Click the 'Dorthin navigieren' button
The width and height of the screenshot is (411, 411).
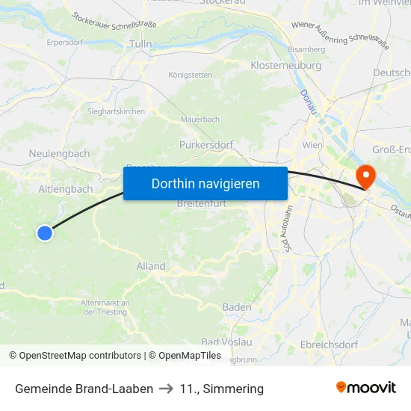tap(205, 183)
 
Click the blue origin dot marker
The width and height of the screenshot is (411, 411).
tap(45, 233)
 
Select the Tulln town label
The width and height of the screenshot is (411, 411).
tap(141, 44)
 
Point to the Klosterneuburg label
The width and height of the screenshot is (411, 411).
tap(286, 65)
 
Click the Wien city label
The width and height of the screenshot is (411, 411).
tap(312, 145)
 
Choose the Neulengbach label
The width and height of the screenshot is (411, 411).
tap(59, 154)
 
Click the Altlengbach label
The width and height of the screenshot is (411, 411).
tap(65, 189)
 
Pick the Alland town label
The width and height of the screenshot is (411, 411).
tap(151, 266)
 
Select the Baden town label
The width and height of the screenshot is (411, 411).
tap(237, 307)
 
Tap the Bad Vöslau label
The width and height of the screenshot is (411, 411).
tap(226, 342)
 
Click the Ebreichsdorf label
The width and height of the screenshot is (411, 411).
tap(329, 344)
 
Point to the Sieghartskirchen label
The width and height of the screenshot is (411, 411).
tap(117, 111)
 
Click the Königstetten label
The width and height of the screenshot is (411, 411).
tap(190, 75)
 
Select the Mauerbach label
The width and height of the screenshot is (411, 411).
tap(200, 119)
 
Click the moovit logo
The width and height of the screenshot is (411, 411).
tap(366, 388)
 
